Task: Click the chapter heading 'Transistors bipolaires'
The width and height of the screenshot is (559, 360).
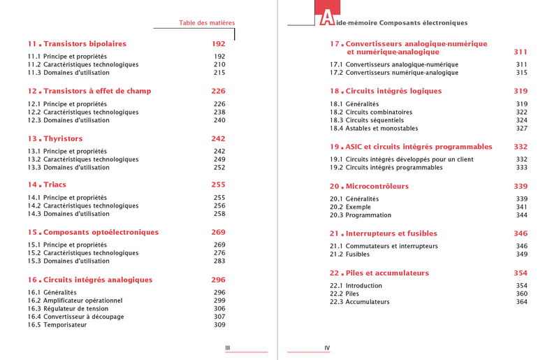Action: (x=85, y=44)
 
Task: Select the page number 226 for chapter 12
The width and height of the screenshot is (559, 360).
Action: (x=218, y=92)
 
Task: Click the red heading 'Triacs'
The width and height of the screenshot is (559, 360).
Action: (x=55, y=185)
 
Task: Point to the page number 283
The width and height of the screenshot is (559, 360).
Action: (x=219, y=261)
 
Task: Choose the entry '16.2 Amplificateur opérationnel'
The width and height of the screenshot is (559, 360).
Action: (x=75, y=301)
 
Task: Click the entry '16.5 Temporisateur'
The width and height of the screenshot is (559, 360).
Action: (x=57, y=325)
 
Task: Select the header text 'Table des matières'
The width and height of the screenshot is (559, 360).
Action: (x=207, y=23)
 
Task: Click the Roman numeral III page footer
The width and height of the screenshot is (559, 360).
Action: (x=228, y=347)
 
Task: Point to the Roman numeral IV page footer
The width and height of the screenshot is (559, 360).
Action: (x=327, y=347)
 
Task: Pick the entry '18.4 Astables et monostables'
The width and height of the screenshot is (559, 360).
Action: (x=374, y=129)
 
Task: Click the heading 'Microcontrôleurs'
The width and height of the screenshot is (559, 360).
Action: (x=377, y=187)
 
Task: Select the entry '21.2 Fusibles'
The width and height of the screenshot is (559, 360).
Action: (x=350, y=254)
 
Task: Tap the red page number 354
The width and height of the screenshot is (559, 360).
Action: (x=521, y=273)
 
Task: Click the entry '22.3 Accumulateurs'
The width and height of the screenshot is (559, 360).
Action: (x=360, y=302)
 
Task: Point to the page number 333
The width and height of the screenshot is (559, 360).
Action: (x=521, y=168)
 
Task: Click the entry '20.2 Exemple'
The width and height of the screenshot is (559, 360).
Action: (x=350, y=207)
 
